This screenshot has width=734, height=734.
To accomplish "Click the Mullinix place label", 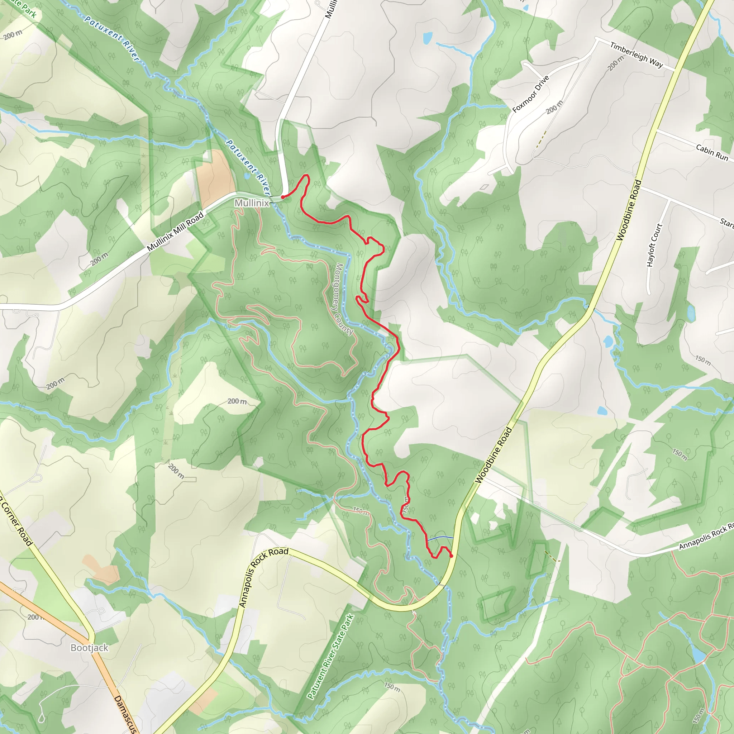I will point(252,203).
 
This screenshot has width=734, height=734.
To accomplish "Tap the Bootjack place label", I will point(90,648).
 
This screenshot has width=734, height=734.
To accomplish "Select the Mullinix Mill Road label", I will point(175,232).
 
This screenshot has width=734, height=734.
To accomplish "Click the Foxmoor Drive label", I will point(531,94).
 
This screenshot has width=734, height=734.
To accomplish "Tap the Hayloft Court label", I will point(654,245).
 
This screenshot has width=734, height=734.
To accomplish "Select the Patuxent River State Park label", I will point(331,657).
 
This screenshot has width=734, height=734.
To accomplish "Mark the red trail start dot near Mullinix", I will point(283,197).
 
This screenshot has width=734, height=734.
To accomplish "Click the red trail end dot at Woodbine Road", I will point(451,556).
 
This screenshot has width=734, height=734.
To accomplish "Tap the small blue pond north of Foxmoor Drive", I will point(428,38).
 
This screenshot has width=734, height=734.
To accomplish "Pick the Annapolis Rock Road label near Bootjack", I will point(263,577).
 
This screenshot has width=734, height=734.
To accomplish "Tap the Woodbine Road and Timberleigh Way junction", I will point(675,70).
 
